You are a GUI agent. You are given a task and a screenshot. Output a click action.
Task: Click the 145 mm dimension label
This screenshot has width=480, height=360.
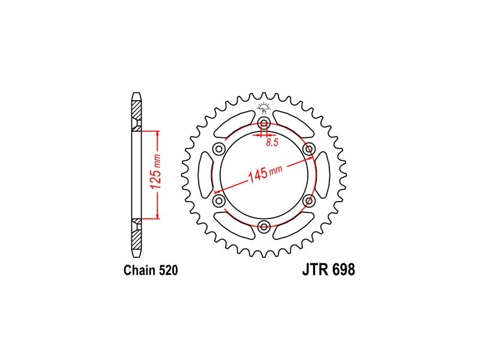265,173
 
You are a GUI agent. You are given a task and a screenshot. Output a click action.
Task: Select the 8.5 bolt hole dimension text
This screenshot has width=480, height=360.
272,142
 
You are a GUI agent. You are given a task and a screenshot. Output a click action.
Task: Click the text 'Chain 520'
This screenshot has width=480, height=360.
151,271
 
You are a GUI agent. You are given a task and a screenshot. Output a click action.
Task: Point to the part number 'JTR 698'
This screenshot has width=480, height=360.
329,269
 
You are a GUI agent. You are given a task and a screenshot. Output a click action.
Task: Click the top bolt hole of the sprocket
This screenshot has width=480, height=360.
264,124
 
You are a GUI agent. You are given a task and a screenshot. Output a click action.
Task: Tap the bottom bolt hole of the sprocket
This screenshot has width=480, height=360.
264,227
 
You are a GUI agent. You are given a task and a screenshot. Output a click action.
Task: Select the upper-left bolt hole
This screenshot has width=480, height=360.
219,149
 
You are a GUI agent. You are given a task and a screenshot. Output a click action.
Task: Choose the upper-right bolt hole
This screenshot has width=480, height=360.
308,149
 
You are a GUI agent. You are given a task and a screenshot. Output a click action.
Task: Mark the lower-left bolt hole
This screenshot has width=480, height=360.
219,201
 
